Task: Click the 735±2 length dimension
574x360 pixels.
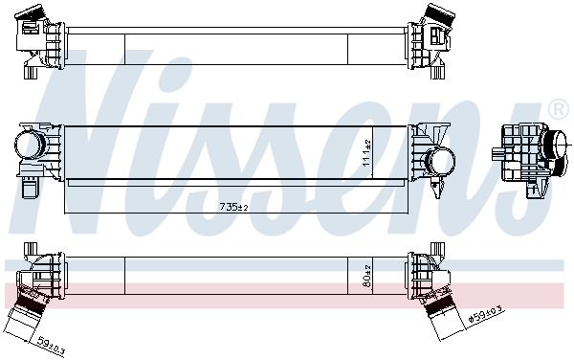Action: pos(234,207)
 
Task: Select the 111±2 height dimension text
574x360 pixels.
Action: pos(366,153)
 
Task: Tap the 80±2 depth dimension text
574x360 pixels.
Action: pos(367,276)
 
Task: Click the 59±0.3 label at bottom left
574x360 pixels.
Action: pos(52,347)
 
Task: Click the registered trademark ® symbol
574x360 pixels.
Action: pos(559,108)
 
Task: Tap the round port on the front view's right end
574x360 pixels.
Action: pos(440,161)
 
